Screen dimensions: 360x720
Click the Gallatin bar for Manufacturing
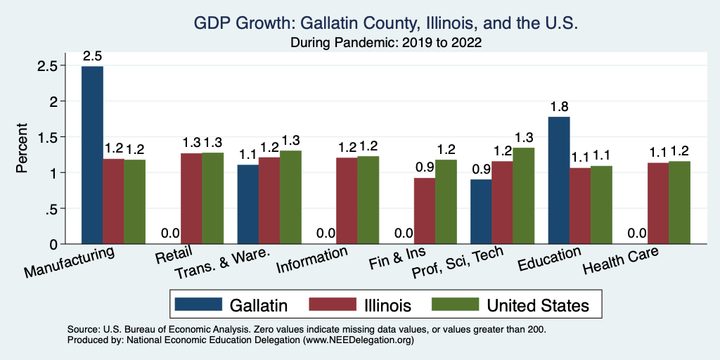point(92,155)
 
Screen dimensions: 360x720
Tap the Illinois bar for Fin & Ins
point(424,211)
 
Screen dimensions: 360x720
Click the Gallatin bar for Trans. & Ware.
point(248,204)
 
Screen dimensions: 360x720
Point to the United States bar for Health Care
point(679,202)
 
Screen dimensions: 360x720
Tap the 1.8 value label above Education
point(559,108)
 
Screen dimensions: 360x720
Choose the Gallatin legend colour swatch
point(196,304)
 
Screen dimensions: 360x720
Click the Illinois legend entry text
point(384,304)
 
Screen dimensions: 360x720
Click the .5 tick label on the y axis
point(52,209)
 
